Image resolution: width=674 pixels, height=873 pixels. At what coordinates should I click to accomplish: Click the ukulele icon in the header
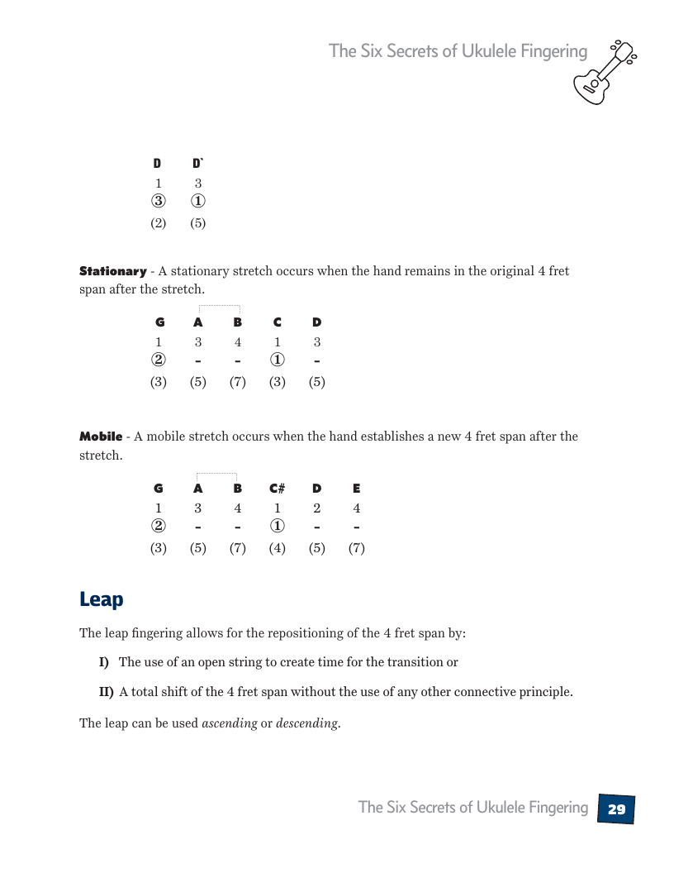tap(605, 72)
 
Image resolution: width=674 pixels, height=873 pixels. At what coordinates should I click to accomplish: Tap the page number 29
tap(616, 809)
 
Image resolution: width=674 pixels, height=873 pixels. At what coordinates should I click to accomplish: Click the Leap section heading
tap(101, 599)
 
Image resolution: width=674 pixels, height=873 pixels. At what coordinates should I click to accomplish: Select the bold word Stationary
tap(113, 271)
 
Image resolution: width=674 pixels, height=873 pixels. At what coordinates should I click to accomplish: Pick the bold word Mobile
tap(101, 436)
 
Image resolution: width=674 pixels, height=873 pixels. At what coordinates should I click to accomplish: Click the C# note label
tap(278, 489)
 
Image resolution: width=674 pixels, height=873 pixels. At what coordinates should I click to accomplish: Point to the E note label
tap(356, 489)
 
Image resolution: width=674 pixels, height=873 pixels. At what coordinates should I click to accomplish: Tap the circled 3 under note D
tap(158, 202)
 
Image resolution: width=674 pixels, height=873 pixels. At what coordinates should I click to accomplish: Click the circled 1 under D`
tap(198, 202)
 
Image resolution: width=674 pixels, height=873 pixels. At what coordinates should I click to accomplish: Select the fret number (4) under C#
tap(278, 548)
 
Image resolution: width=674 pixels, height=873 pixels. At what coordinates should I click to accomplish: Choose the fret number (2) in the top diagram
tap(158, 223)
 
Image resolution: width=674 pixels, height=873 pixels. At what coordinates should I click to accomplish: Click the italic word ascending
tap(230, 723)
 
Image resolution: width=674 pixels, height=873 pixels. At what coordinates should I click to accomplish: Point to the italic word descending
tap(307, 723)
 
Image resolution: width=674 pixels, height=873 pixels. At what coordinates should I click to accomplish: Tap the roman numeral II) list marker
tap(107, 692)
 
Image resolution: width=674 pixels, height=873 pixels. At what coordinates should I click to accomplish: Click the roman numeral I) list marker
tap(104, 662)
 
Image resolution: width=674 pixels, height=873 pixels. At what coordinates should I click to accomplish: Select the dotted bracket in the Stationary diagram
tap(219, 307)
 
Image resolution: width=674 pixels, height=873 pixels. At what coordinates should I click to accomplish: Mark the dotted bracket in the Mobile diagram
tap(217, 475)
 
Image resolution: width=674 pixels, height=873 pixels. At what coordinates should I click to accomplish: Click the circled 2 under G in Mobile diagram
tap(158, 527)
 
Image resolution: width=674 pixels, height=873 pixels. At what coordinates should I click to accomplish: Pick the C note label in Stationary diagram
tap(278, 322)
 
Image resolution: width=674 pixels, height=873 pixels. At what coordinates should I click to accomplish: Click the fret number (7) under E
tap(356, 548)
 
